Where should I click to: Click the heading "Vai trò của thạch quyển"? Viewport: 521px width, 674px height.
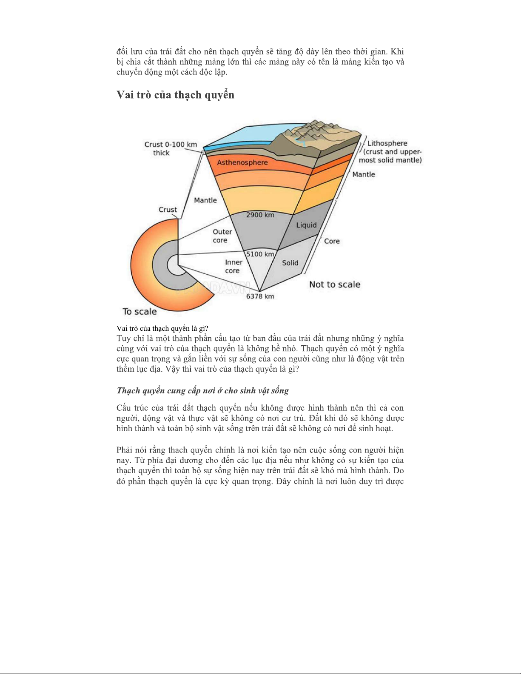175,95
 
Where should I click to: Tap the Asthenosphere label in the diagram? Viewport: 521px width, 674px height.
242,162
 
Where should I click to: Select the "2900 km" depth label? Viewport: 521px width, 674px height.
260,215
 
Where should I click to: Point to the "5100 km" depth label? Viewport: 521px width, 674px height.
260,254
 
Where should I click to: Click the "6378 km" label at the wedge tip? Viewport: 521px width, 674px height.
260,296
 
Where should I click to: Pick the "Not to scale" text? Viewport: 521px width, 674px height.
335,284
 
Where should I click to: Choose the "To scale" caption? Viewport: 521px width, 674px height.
140,312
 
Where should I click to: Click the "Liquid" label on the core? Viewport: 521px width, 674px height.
306,225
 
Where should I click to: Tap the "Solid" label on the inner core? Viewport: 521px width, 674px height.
290,263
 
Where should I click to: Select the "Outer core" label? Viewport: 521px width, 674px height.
222,236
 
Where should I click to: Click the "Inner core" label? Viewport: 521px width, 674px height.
233,267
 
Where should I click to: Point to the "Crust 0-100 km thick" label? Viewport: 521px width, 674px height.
170,148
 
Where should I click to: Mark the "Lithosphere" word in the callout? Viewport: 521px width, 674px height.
387,143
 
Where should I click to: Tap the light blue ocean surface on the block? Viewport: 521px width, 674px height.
242,136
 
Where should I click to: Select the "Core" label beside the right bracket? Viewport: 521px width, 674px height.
332,241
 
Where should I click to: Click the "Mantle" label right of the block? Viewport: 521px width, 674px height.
364,174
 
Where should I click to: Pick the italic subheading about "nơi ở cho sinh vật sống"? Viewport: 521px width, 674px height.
202,390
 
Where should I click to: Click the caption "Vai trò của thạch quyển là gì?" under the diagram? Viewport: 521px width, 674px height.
162,328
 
